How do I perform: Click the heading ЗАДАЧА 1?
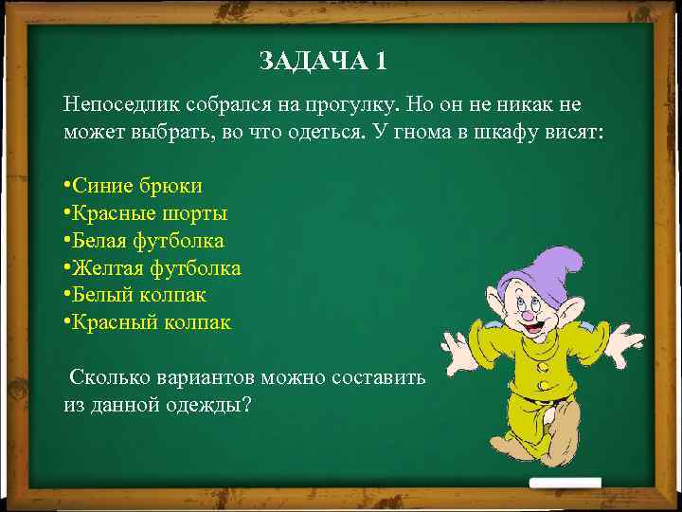323,62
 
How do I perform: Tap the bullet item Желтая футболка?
156,268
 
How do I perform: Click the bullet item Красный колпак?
151,323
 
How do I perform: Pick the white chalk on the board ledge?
565,483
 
